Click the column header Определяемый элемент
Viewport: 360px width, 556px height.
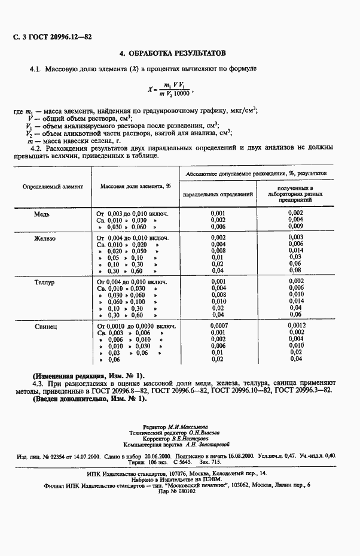53,186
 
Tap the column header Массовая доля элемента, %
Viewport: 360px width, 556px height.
135,186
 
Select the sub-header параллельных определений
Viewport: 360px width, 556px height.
218,195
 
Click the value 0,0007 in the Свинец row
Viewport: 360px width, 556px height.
218,326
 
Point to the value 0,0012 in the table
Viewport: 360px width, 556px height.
296,326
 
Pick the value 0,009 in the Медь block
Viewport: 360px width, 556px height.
296,227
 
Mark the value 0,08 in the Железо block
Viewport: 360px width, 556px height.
296,271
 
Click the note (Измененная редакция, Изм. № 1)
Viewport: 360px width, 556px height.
89,375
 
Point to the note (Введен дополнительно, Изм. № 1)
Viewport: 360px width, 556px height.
90,399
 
